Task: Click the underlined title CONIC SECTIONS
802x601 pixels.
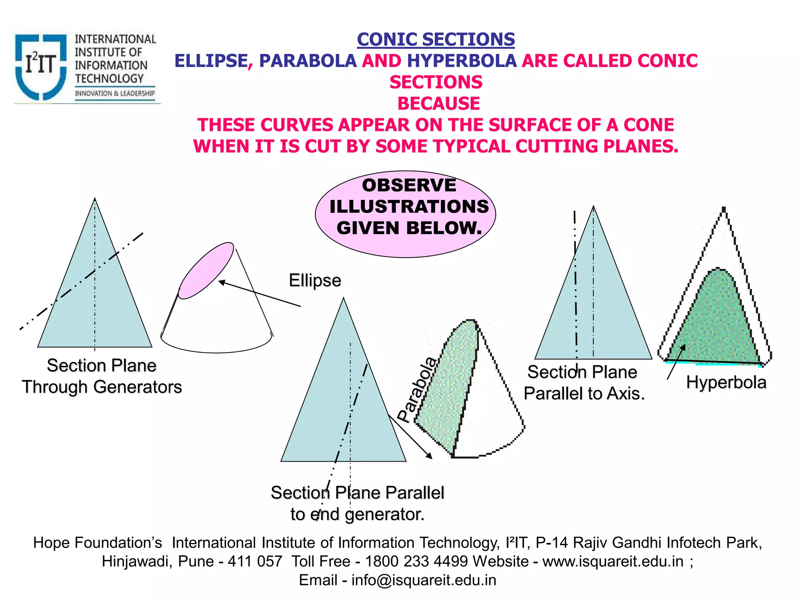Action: (435, 40)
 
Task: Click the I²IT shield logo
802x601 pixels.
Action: (40, 66)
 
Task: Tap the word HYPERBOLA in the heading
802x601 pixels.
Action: (462, 61)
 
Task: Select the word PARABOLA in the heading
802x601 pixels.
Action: (308, 61)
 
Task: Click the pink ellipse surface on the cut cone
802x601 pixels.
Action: (206, 270)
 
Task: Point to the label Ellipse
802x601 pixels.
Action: (315, 280)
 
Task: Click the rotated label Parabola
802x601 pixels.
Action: (417, 389)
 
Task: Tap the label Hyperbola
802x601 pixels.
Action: (726, 382)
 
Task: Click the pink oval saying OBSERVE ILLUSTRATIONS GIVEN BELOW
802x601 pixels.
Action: (405, 214)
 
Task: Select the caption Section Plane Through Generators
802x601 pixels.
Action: (102, 376)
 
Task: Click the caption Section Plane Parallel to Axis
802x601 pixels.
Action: (583, 383)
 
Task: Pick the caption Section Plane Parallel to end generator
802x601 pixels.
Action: (358, 503)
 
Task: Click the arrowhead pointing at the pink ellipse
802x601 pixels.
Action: (222, 282)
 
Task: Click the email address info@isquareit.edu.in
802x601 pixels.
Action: (424, 580)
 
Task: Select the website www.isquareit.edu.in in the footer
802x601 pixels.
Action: (613, 561)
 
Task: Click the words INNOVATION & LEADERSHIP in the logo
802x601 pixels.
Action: (115, 94)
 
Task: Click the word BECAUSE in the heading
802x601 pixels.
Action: (439, 104)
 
